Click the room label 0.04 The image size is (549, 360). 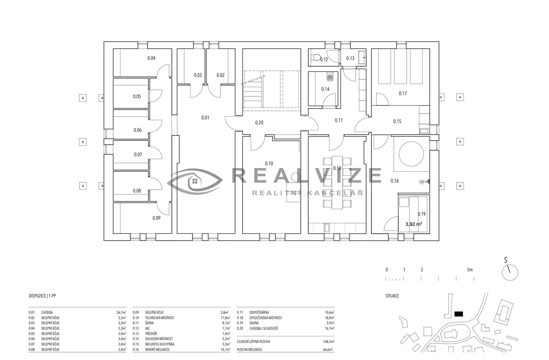[151, 58]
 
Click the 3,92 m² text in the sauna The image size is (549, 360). [414, 224]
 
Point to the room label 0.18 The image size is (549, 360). [337, 168]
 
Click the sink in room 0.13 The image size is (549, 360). [362, 58]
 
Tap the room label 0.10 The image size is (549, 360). [269, 163]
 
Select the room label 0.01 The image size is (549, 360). [205, 118]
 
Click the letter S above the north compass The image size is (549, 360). [506, 260]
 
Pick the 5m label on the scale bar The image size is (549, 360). [470, 270]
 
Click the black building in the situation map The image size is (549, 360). [458, 314]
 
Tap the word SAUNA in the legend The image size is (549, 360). [254, 323]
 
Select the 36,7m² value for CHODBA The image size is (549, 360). [121, 312]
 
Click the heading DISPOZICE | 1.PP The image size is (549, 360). [42, 296]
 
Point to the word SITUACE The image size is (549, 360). [392, 296]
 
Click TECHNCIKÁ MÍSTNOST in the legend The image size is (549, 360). [160, 318]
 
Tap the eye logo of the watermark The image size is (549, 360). [195, 181]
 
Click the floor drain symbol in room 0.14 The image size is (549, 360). [330, 77]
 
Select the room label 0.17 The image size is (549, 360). [403, 93]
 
